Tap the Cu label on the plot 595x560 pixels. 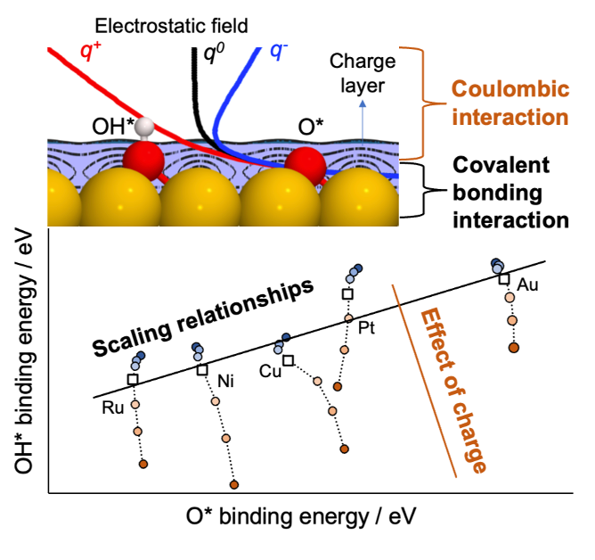click(272, 371)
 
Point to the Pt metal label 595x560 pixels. click(365, 329)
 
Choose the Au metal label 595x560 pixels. click(528, 285)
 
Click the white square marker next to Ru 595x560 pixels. click(133, 380)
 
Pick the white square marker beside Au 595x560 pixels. click(504, 279)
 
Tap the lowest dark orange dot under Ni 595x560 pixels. click(235, 485)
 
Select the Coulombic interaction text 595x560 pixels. click(509, 103)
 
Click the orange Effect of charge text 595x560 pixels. click(450, 390)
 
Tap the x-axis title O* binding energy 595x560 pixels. click(301, 516)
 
